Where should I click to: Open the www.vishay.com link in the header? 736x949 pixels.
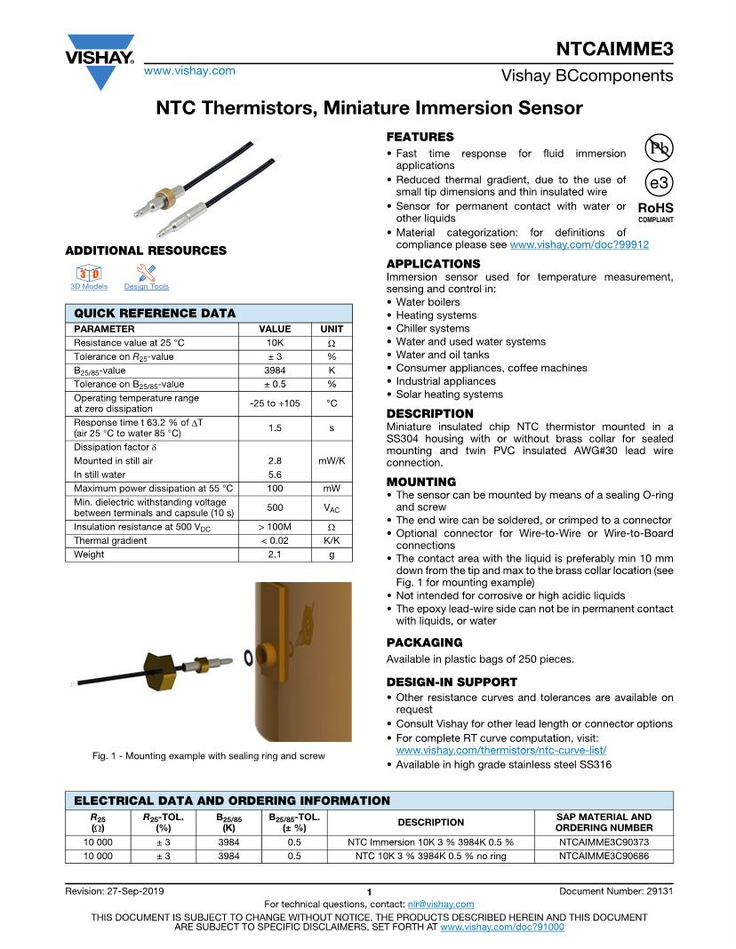[189, 70]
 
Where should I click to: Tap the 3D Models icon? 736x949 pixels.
[89, 272]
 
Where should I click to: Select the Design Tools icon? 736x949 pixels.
[146, 272]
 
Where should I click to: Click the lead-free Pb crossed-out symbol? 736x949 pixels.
[659, 148]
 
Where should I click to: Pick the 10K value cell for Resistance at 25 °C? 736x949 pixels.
[274, 343]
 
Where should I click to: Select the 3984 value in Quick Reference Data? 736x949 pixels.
[274, 371]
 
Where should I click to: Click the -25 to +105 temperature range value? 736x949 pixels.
[274, 403]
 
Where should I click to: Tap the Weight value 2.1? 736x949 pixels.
[274, 554]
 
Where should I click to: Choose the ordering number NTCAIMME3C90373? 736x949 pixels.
[604, 841]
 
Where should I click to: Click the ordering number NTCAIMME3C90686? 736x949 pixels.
[604, 856]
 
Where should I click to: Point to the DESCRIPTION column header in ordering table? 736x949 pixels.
[430, 822]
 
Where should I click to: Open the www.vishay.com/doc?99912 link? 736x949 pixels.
[579, 244]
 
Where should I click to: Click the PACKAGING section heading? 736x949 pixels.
[424, 642]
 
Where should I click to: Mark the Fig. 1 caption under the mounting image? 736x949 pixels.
[208, 756]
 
